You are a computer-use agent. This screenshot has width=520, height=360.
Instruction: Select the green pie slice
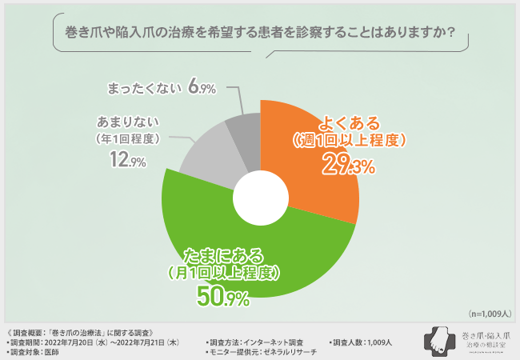[x=240, y=256]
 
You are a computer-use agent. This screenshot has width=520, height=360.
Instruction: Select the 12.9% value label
[x=120, y=161]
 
